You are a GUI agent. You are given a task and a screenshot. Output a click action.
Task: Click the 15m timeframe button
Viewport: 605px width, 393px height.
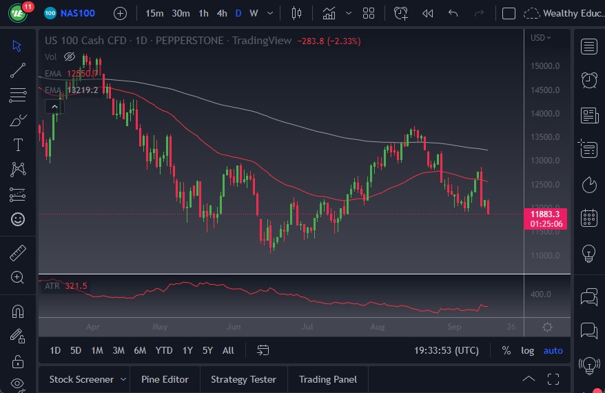(x=155, y=13)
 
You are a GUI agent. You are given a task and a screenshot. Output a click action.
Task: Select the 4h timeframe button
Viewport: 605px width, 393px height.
(x=222, y=13)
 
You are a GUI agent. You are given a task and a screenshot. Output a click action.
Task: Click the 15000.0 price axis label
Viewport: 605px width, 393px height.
(x=545, y=66)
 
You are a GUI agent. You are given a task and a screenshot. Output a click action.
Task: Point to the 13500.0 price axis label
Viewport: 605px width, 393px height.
(x=545, y=137)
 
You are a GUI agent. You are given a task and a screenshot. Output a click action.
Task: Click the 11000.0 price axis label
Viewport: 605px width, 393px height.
(x=545, y=256)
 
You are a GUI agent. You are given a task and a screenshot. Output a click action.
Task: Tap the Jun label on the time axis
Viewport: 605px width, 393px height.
(x=234, y=327)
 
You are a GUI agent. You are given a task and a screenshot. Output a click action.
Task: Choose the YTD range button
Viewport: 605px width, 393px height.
(x=164, y=350)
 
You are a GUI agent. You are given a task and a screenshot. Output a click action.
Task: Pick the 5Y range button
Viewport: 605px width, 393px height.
(x=207, y=350)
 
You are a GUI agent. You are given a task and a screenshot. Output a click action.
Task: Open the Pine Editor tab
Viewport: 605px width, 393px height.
(x=165, y=379)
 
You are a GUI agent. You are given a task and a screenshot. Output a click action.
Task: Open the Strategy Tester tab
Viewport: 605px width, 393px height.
(x=243, y=379)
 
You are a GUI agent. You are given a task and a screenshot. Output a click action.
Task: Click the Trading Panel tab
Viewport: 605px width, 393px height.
(x=328, y=379)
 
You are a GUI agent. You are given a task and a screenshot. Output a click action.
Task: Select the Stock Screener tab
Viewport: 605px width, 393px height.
(x=81, y=379)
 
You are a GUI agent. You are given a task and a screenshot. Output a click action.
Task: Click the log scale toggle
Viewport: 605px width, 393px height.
(x=527, y=350)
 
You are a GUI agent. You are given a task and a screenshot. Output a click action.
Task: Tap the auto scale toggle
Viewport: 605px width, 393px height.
(x=553, y=350)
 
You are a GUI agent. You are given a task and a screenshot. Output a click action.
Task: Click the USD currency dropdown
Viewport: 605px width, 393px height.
(x=541, y=38)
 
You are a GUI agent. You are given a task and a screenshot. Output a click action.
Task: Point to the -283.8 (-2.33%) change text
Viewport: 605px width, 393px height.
(x=329, y=41)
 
